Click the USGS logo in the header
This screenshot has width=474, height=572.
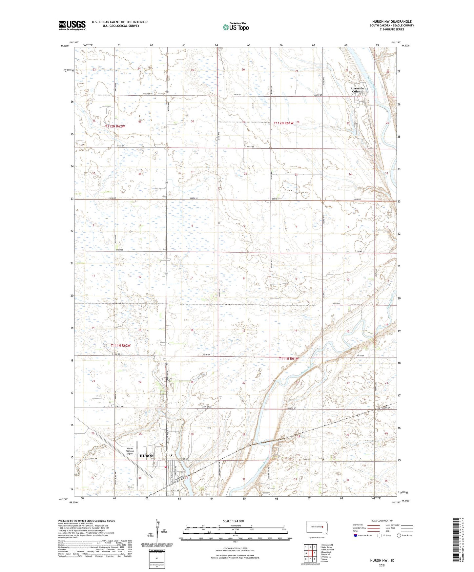click(72, 25)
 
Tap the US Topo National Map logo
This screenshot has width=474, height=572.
click(236, 27)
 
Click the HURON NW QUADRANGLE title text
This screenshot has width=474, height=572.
click(392, 21)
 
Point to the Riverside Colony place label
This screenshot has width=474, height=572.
click(357, 90)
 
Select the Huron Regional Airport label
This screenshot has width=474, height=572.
click(130, 451)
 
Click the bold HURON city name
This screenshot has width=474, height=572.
click(146, 456)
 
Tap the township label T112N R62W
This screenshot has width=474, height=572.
click(115, 126)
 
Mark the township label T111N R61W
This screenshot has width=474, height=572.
click(289, 358)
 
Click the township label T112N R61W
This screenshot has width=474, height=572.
click(284, 123)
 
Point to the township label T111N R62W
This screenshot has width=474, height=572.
click(120, 345)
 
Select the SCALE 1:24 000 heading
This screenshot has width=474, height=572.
click(233, 521)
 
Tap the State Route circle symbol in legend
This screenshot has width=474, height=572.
click(399, 535)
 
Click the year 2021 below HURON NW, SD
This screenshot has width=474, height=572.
click(382, 565)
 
